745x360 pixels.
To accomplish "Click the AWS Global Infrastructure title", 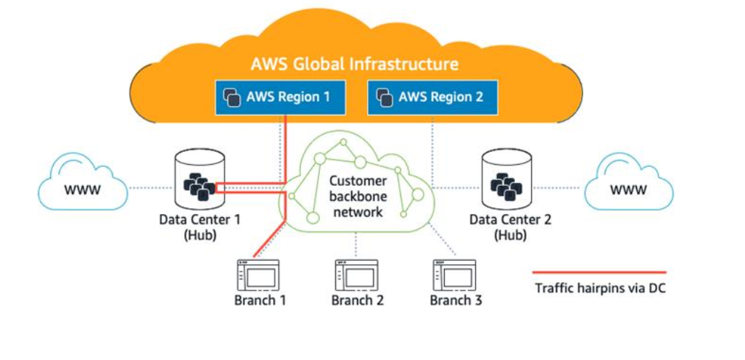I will [x=354, y=64].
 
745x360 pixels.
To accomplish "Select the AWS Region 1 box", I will [x=279, y=97].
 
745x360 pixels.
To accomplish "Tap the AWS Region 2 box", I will [x=432, y=97].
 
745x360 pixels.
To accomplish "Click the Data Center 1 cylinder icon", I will [x=198, y=180].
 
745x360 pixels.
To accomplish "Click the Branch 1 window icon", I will [x=258, y=275].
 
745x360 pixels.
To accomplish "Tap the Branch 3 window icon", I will [x=455, y=275].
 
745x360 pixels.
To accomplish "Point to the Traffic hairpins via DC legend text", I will [x=600, y=288].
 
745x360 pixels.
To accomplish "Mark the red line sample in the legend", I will [x=600, y=272].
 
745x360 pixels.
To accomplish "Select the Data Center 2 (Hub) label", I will [x=510, y=226].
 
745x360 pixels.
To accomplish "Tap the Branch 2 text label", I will [x=357, y=300].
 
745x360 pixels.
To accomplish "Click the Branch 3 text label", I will [x=456, y=300].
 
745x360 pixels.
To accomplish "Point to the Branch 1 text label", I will [x=259, y=300].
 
